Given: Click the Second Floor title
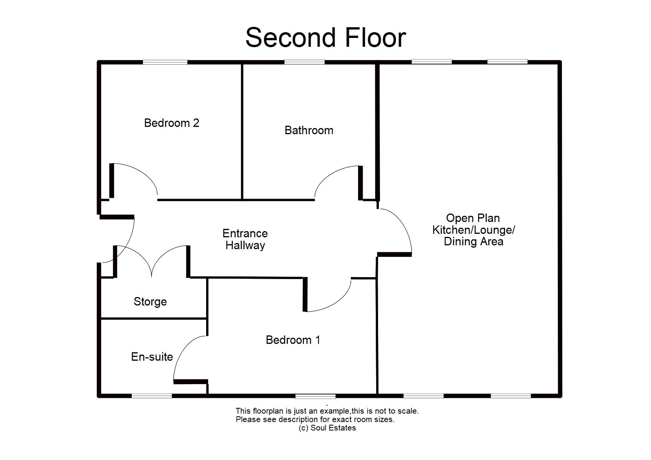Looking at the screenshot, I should pos(325,38).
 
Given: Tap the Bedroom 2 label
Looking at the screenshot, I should pos(172,123).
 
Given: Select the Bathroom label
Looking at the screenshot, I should pos(309,130).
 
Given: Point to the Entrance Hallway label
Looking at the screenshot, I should pos(245,239).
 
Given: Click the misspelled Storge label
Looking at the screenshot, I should pos(150,302).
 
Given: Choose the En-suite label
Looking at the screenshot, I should pos(152,357).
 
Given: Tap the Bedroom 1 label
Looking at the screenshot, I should pos(293,340).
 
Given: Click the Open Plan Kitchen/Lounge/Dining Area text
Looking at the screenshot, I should pos(473,230).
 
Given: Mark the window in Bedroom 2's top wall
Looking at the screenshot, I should pos(165,62).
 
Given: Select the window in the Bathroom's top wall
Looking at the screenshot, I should pos(304,62).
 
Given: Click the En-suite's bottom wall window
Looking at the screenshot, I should pos(152,396).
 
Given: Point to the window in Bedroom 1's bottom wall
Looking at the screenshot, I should pos(316,396).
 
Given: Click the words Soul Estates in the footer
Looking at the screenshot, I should pos(333,428).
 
